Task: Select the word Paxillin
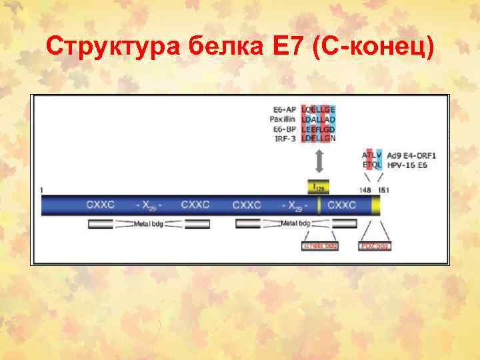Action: click(x=285, y=119)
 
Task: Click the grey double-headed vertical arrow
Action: click(x=319, y=161)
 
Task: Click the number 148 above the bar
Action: click(x=365, y=190)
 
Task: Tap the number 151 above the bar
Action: click(x=383, y=190)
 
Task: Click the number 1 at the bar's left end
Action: click(x=41, y=190)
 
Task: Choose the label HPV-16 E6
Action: click(x=408, y=165)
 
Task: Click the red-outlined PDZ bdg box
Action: click(x=374, y=246)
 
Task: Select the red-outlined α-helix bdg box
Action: click(x=320, y=246)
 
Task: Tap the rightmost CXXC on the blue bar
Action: click(x=342, y=205)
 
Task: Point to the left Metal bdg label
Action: click(x=149, y=223)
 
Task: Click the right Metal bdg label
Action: click(x=296, y=223)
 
